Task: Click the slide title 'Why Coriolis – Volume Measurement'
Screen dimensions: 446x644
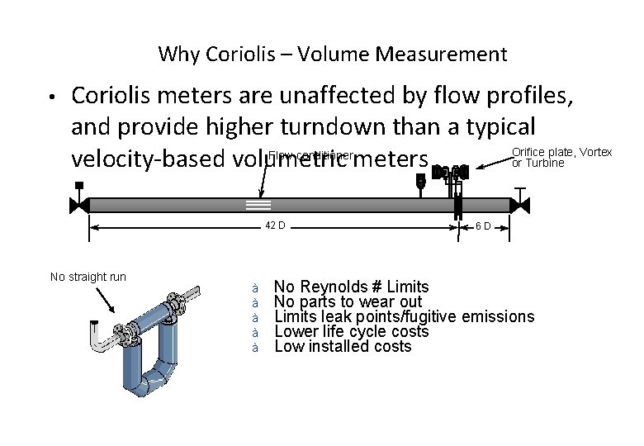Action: (332, 55)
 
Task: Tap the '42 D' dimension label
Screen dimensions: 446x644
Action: (275, 226)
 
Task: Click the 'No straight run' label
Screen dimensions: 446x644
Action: (88, 277)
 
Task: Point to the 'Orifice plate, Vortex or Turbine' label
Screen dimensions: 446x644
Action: (561, 157)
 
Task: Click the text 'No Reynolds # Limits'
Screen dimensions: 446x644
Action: (351, 287)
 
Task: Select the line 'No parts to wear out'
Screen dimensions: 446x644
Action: (348, 302)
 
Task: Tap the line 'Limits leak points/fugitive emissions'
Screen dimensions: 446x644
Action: (404, 317)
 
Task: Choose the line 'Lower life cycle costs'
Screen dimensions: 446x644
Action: (351, 332)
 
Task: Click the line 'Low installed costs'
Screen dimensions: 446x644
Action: (342, 347)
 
